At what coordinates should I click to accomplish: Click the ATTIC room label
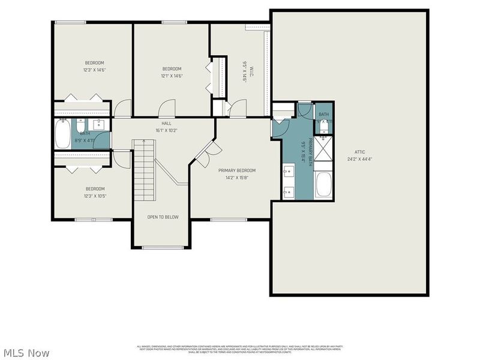[359, 152]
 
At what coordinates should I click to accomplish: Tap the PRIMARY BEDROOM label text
[237, 170]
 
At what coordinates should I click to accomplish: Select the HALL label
[166, 123]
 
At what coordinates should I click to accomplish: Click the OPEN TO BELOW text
[163, 217]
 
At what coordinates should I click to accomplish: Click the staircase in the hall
[144, 171]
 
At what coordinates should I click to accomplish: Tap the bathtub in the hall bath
[63, 134]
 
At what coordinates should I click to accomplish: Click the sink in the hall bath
[100, 125]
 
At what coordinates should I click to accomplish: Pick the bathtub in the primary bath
[323, 185]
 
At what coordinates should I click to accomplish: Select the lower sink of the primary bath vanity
[287, 192]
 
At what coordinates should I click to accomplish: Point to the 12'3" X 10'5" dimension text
[94, 196]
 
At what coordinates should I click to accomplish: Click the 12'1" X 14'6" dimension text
[171, 76]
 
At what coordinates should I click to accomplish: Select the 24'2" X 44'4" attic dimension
[359, 159]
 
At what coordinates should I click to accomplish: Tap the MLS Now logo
[26, 353]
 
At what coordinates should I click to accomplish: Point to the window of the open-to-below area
[163, 247]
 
